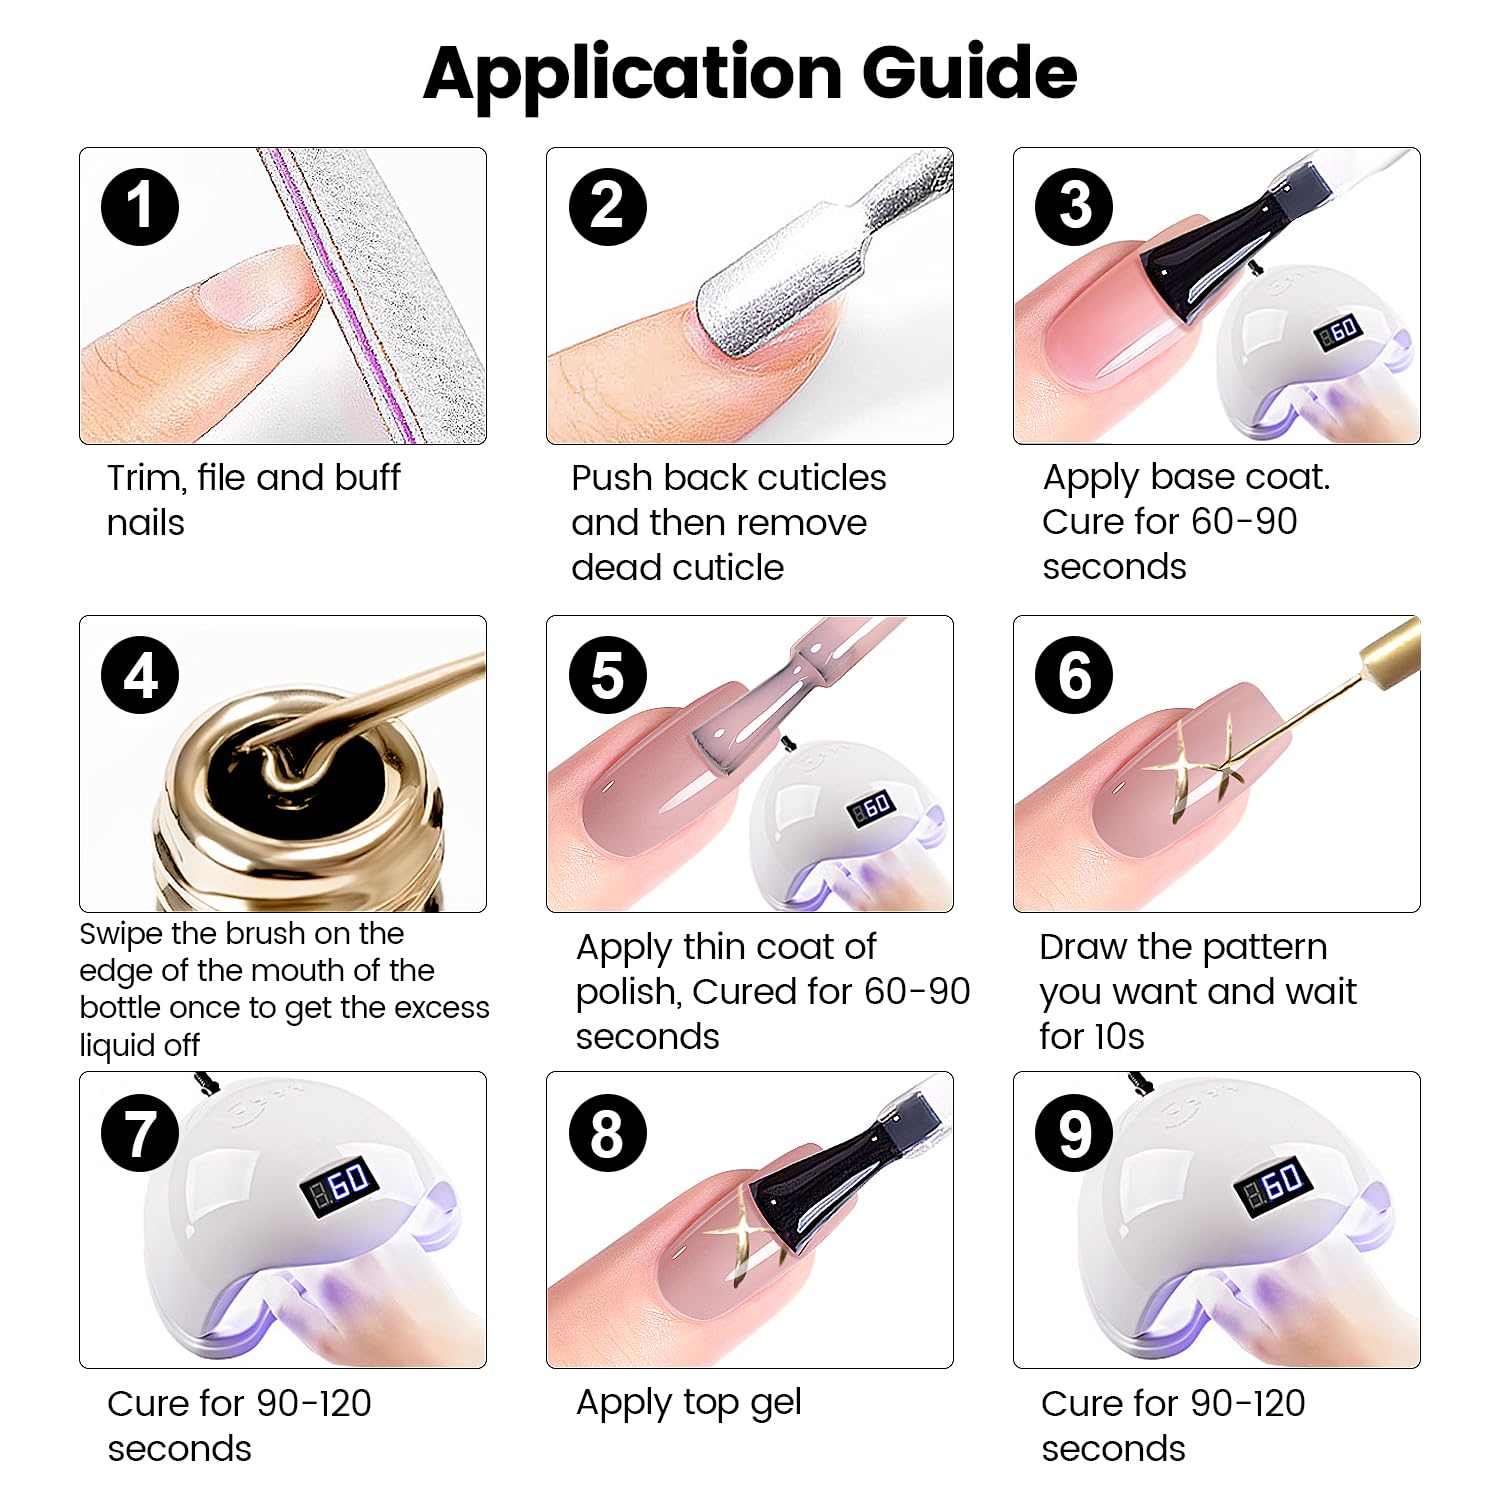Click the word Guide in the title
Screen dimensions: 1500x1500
(968, 72)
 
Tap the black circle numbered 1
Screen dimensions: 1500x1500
(140, 207)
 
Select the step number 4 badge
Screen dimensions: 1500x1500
(140, 675)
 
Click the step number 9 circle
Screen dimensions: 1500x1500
(1074, 1133)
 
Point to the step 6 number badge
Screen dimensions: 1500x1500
(1074, 675)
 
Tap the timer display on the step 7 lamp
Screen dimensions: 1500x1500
(338, 1185)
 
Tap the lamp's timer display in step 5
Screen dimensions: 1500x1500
(870, 807)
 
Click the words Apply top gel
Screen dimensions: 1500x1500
(688, 1403)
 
